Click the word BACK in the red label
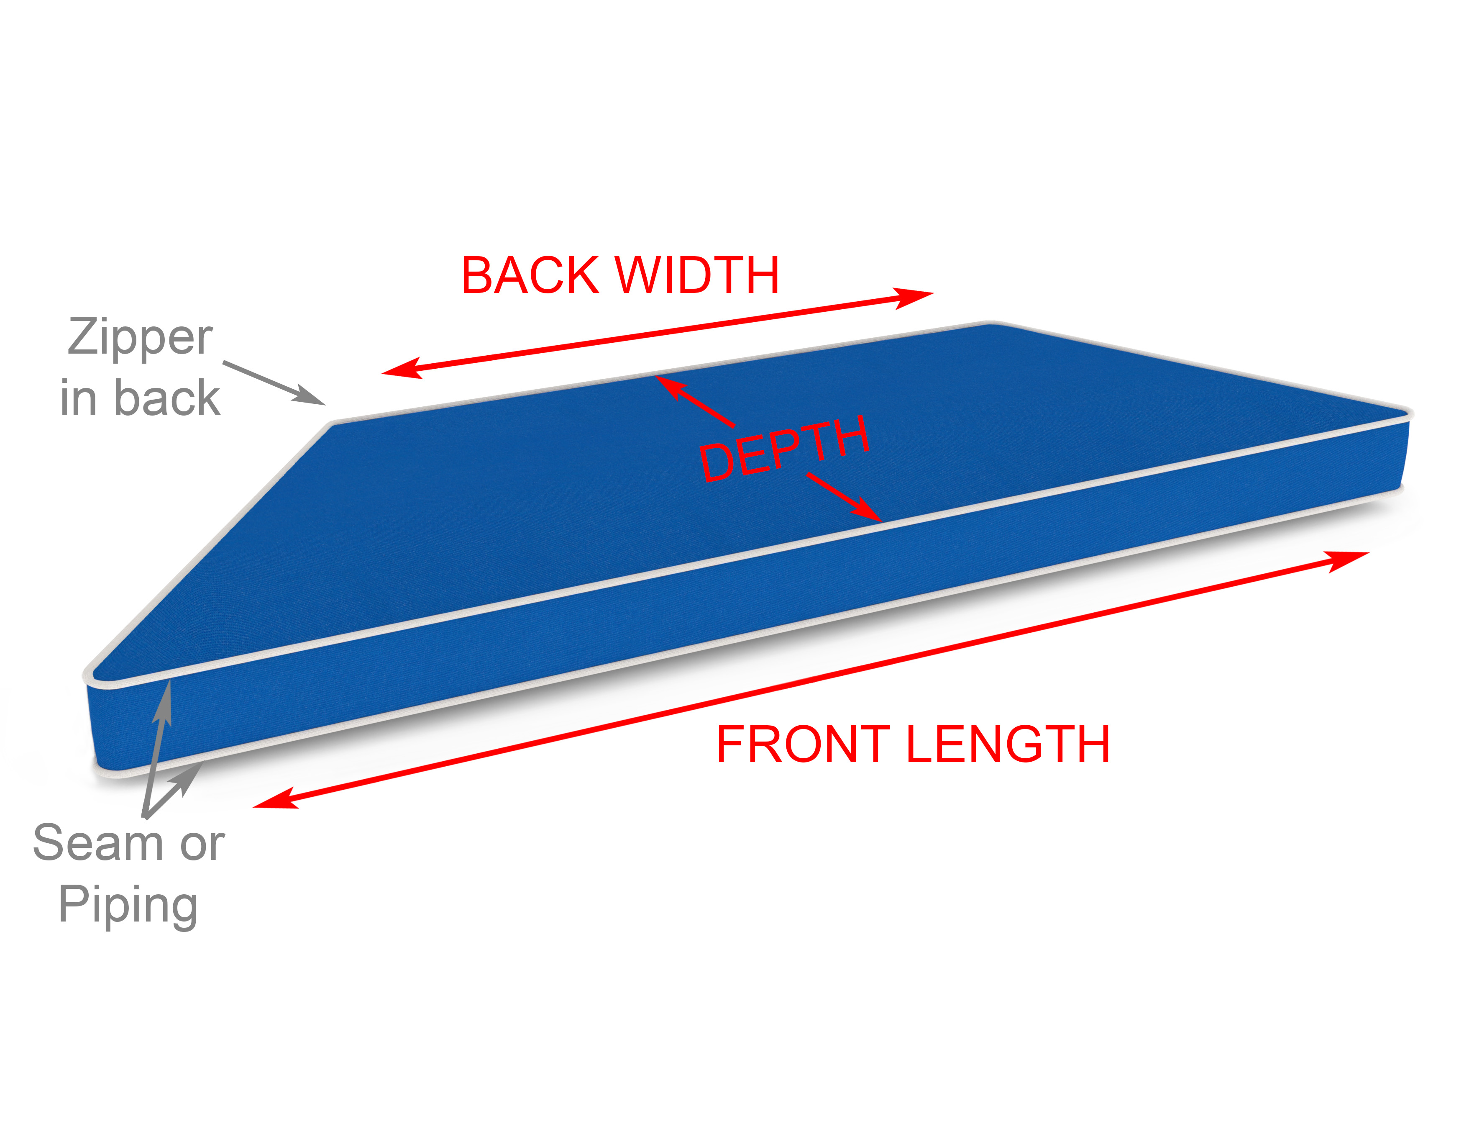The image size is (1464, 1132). tap(530, 276)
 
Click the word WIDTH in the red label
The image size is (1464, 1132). tap(697, 276)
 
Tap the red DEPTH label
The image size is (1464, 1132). tap(784, 448)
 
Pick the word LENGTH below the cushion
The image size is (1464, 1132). tap(1008, 744)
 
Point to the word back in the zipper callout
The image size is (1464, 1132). tap(168, 398)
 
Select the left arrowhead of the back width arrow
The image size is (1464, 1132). tap(402, 369)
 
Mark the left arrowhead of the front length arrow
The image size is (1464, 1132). tap(276, 799)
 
